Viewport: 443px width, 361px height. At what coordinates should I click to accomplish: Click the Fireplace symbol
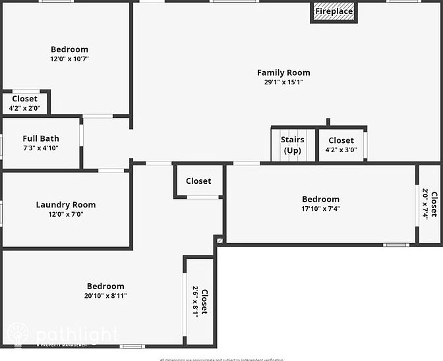tap(334, 12)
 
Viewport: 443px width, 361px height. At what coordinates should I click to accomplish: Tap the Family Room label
tap(283, 72)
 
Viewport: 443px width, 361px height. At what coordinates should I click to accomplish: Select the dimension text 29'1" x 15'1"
tap(283, 82)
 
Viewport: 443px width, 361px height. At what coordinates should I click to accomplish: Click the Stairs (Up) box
tap(292, 145)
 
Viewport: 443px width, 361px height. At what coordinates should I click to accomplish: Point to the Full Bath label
tap(41, 138)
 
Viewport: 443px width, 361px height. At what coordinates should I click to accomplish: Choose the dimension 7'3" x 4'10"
tap(41, 148)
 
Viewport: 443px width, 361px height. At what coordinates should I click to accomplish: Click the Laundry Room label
tap(66, 205)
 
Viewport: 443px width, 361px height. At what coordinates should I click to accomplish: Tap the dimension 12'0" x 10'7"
tap(69, 59)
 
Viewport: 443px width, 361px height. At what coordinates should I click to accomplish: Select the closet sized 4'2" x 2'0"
tap(25, 103)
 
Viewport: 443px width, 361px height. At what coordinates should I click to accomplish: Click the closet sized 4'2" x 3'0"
tap(341, 145)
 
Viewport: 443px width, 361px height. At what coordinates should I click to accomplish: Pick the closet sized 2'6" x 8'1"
tap(199, 302)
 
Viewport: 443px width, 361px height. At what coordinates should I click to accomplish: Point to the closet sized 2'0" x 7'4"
tap(430, 204)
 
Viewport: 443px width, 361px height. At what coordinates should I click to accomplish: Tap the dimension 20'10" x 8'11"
tap(105, 296)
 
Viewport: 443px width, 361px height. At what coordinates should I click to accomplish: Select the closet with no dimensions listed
tap(198, 181)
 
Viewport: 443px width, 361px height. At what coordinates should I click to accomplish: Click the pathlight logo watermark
tap(63, 335)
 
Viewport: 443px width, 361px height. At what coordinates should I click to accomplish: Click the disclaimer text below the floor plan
tap(221, 359)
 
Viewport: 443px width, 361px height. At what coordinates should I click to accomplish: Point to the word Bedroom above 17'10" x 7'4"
tap(321, 199)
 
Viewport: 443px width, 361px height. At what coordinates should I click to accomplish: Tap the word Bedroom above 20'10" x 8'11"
tap(105, 286)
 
